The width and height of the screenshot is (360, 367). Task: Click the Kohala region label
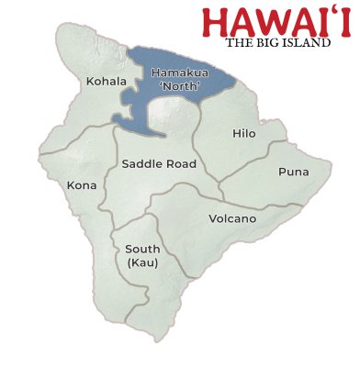coord(107,82)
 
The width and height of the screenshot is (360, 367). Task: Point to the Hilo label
coord(244,134)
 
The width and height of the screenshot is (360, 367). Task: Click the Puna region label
coord(293,172)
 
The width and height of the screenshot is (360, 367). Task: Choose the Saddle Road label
coord(159,164)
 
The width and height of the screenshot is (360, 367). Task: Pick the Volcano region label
coord(232,219)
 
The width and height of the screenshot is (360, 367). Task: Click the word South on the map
coord(142,249)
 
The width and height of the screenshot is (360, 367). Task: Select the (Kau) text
coord(142,263)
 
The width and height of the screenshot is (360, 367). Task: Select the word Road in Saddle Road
coord(181,164)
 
